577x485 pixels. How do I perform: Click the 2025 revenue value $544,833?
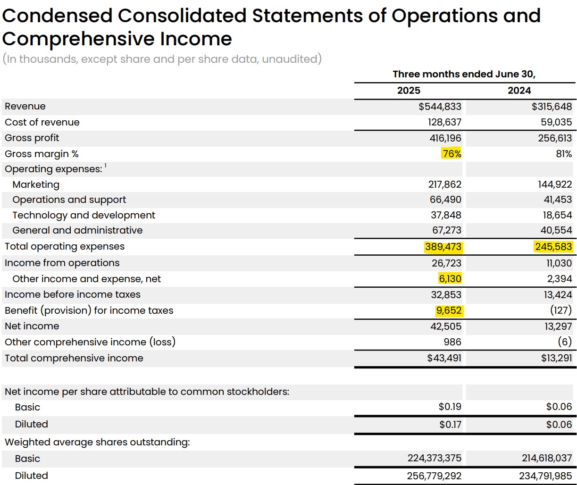(x=440, y=107)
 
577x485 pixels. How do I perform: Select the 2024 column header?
(x=519, y=91)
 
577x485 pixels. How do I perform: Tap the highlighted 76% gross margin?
(x=452, y=154)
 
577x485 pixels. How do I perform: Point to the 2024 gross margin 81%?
(x=564, y=154)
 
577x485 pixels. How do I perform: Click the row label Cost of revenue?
(x=42, y=122)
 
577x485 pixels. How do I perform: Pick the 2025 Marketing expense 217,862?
(x=444, y=184)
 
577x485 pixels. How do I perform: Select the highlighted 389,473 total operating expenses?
(x=443, y=247)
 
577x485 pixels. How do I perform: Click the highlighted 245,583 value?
(x=553, y=247)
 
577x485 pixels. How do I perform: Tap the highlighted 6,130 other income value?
(x=450, y=279)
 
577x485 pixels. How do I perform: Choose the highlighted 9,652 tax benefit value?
(x=449, y=310)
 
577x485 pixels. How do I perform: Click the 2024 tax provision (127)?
(x=561, y=310)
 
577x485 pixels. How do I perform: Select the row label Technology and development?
(x=84, y=215)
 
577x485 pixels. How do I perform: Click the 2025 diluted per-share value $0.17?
(x=450, y=425)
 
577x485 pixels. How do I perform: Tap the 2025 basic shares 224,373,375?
(x=435, y=459)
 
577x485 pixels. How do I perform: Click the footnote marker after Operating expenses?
(x=106, y=166)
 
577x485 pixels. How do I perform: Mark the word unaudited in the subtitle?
(x=290, y=59)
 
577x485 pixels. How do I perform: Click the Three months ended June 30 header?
(x=464, y=75)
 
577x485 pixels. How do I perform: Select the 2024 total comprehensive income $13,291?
(x=556, y=358)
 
